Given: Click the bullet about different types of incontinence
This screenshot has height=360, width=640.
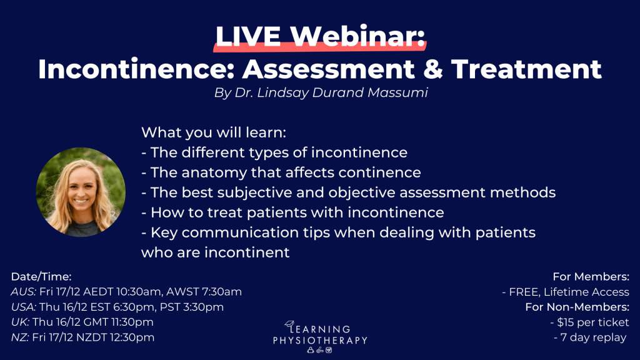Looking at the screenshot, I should coord(274,152).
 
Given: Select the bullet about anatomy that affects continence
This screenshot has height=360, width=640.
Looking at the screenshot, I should coord(281,172).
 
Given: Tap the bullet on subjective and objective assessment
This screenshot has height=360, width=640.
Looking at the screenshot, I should coord(348,192).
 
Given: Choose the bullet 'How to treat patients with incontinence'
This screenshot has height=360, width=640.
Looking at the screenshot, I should coord(292,212).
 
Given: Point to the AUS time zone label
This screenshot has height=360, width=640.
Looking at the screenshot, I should coord(23,291).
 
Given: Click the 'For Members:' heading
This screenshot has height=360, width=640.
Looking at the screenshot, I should coord(591,276).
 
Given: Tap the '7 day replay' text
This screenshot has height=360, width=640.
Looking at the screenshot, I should coord(591,338).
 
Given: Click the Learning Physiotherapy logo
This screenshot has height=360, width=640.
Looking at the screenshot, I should coord(320,335).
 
